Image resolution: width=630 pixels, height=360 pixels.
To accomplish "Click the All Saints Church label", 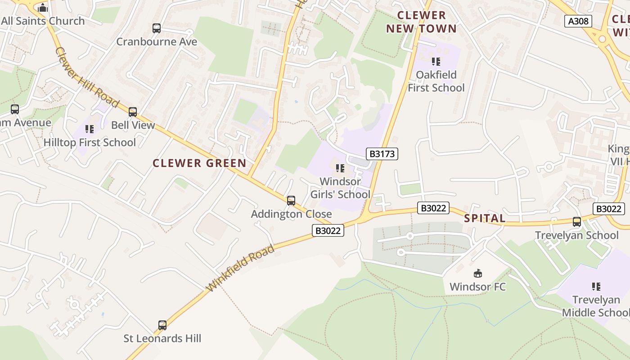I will pos(43,21).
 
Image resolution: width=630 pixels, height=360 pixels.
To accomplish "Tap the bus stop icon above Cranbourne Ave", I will pos(157,28).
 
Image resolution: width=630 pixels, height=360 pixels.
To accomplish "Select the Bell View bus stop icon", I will pos(133,112).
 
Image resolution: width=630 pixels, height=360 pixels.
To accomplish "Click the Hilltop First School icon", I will pos(90,129).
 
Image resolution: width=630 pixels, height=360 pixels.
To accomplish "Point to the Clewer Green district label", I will pos(199,163).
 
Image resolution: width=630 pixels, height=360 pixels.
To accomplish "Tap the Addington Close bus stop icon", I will pos(291,201).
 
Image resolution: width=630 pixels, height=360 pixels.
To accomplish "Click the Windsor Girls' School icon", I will pos(340,168).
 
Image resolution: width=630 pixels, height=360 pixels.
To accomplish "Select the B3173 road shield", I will pos(382,154).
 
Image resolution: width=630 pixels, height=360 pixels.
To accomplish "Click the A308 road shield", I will pos(578,21).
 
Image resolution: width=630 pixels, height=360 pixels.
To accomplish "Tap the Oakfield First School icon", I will pos(436,61).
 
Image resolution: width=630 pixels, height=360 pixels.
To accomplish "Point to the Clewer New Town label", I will pos(421,22).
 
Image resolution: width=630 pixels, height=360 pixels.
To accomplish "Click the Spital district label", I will pos(485,219).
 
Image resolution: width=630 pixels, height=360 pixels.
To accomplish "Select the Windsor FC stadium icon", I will pos(478,273).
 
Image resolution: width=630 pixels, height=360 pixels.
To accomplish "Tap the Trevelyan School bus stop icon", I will pos(577,222).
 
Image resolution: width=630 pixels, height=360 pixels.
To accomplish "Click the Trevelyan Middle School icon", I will pos(596,286).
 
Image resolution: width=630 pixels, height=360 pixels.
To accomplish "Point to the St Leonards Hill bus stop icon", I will pos(162,325).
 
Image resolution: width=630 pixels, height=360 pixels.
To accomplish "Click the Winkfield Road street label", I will pos(240,268).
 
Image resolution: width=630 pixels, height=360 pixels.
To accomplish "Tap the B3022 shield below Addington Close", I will pos(328,231).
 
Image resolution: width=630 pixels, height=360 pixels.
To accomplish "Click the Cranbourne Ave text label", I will pos(157,42).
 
